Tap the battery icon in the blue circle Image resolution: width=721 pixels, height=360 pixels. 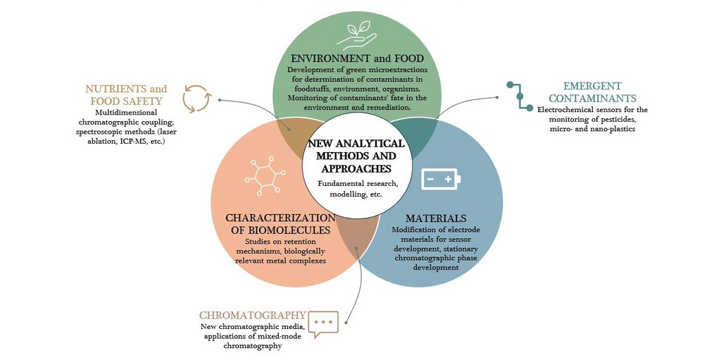[441, 180]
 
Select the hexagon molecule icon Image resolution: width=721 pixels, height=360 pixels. [264, 176]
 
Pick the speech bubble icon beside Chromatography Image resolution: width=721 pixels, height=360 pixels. [323, 323]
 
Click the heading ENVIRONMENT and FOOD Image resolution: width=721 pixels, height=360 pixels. [356, 58]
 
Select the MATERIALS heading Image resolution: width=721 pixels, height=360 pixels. [436, 218]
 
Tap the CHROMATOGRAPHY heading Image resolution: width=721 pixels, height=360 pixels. [252, 316]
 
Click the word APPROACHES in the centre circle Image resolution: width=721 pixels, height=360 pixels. [356, 168]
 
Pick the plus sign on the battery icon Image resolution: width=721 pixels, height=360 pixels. [448, 180]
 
